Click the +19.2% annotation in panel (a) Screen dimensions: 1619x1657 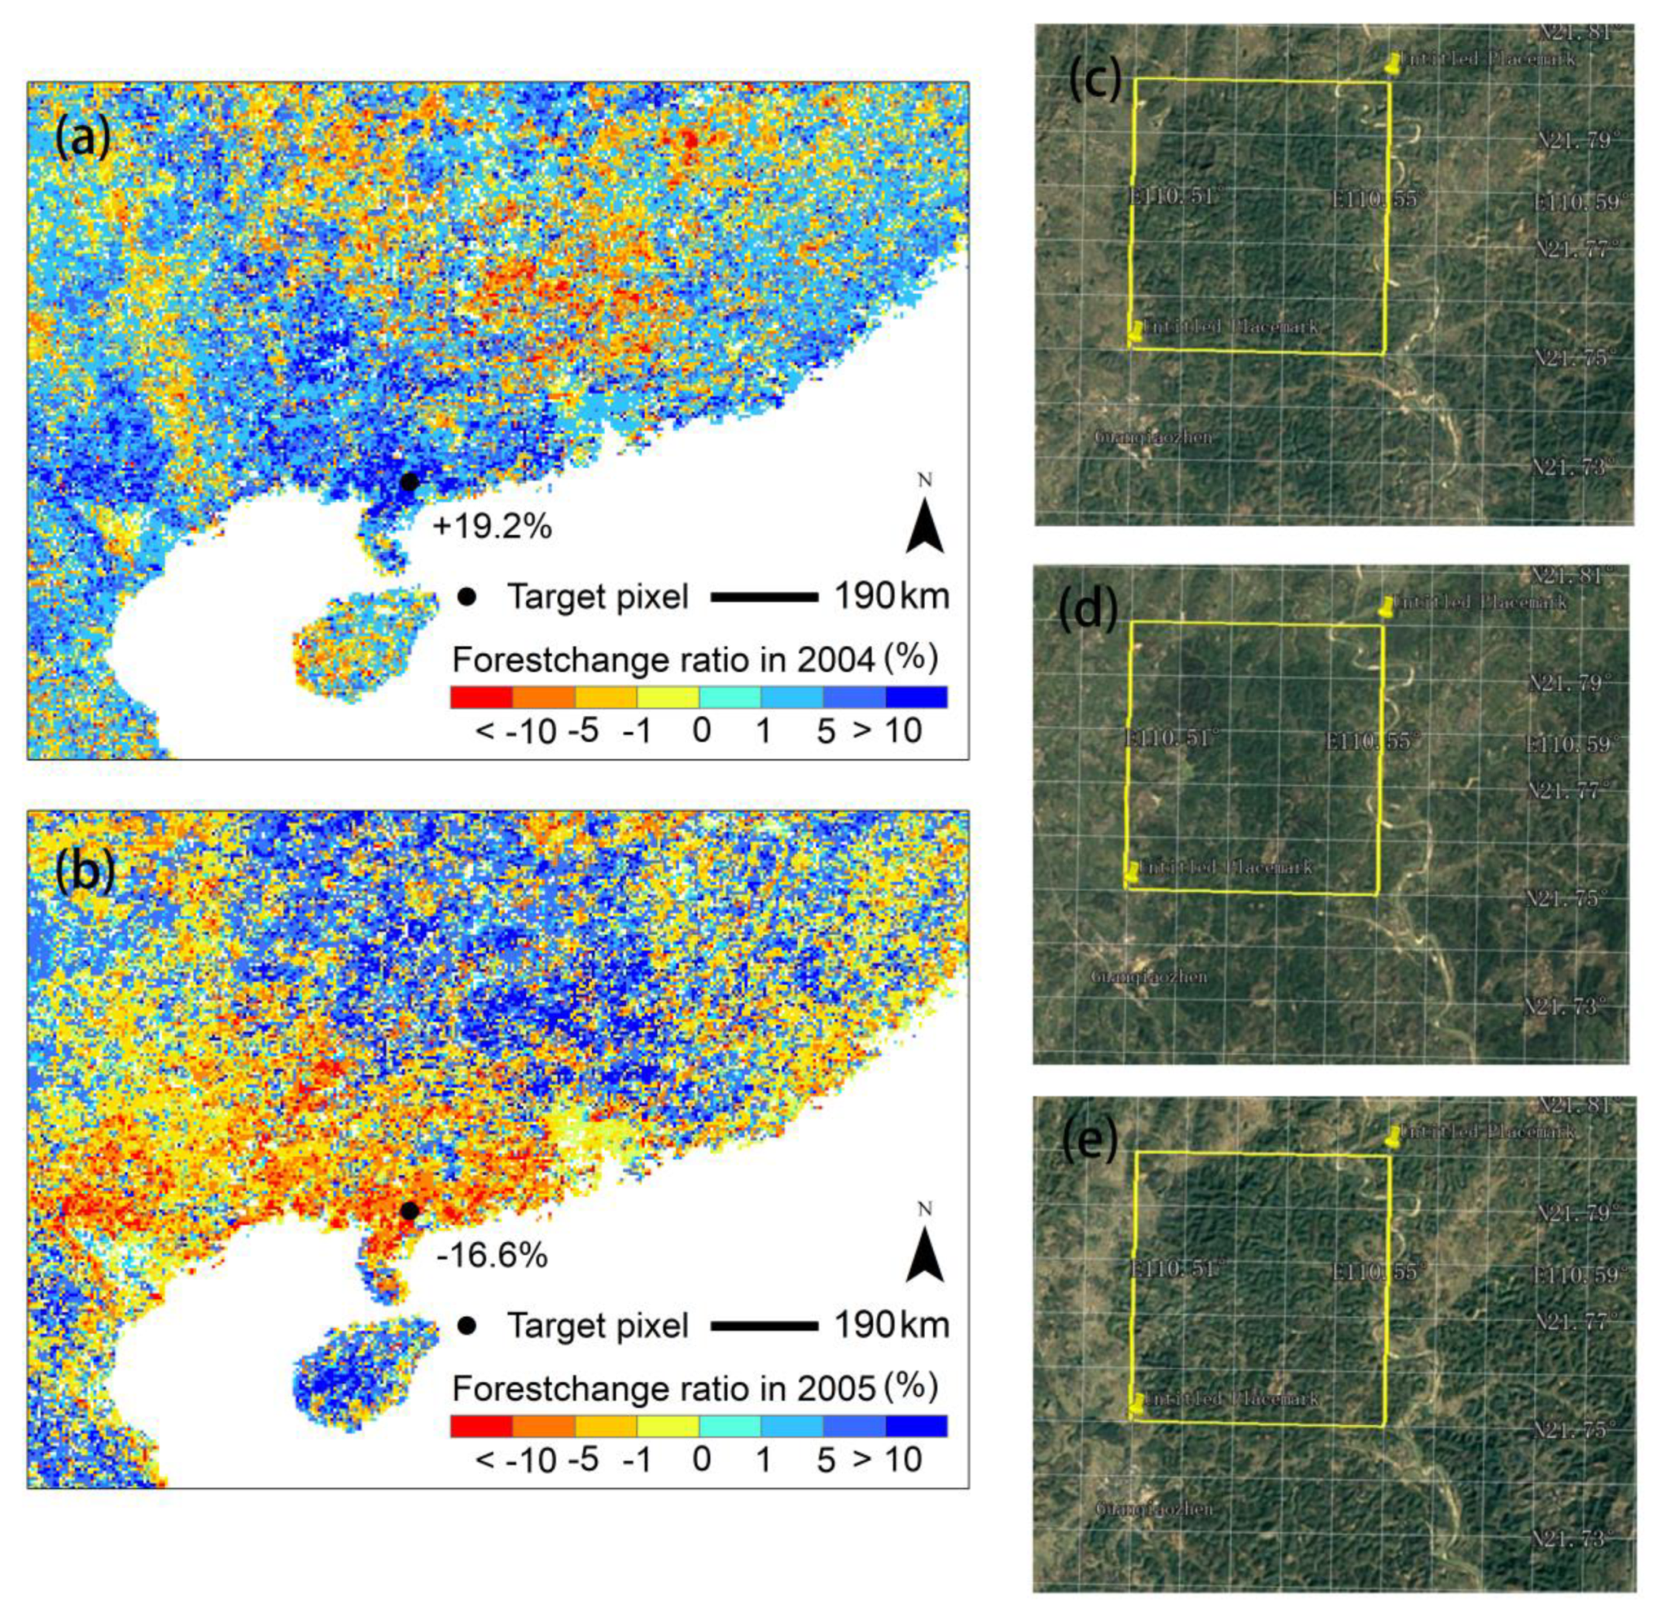tap(492, 528)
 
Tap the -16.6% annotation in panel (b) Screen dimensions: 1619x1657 tap(492, 1256)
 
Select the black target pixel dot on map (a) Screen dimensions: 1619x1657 tap(409, 482)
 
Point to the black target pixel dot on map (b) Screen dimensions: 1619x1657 tap(409, 1210)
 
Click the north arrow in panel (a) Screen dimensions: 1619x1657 tap(925, 523)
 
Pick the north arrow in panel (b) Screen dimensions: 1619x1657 tap(925, 1252)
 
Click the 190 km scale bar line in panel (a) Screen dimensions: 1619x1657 tap(764, 598)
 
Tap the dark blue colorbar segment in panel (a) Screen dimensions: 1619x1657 tap(916, 697)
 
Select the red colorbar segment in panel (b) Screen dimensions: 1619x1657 tap(481, 1426)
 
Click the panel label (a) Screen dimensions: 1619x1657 tap(82, 139)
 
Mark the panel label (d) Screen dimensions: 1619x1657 tap(1089, 610)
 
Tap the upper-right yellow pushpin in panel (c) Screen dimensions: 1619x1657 tap(1393, 63)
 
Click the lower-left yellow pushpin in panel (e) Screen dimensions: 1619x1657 tap(1136, 1404)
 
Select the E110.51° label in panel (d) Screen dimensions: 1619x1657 tap(1171, 738)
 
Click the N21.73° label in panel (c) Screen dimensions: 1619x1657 tap(1571, 467)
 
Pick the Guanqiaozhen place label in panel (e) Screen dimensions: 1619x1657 tap(1153, 1508)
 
